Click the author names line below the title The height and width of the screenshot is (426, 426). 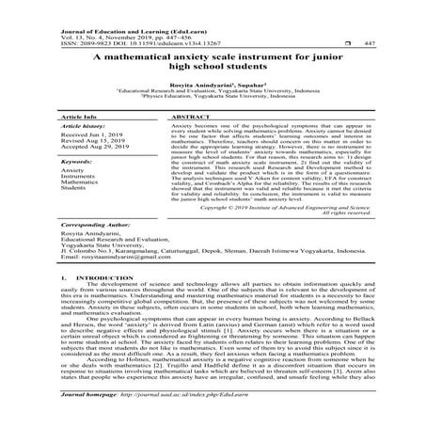213,83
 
